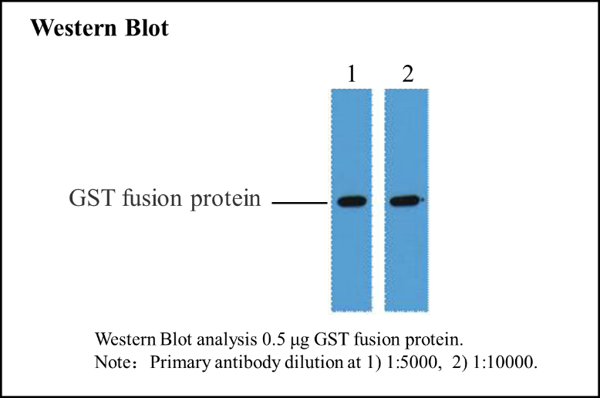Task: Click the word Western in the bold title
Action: pyautogui.click(x=73, y=28)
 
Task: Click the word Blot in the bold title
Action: pyautogui.click(x=147, y=28)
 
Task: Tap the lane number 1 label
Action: pyautogui.click(x=352, y=73)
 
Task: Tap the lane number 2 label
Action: pyautogui.click(x=408, y=73)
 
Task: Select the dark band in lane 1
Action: pyautogui.click(x=352, y=201)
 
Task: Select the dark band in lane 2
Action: pyautogui.click(x=405, y=201)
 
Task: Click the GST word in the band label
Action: pyautogui.click(x=92, y=198)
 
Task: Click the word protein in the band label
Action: pyautogui.click(x=225, y=199)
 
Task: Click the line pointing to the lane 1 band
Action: pyautogui.click(x=300, y=202)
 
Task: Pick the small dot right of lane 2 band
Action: pyautogui.click(x=423, y=199)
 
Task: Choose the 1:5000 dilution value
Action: pyautogui.click(x=412, y=362)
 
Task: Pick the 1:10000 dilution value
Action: pyautogui.click(x=503, y=362)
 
